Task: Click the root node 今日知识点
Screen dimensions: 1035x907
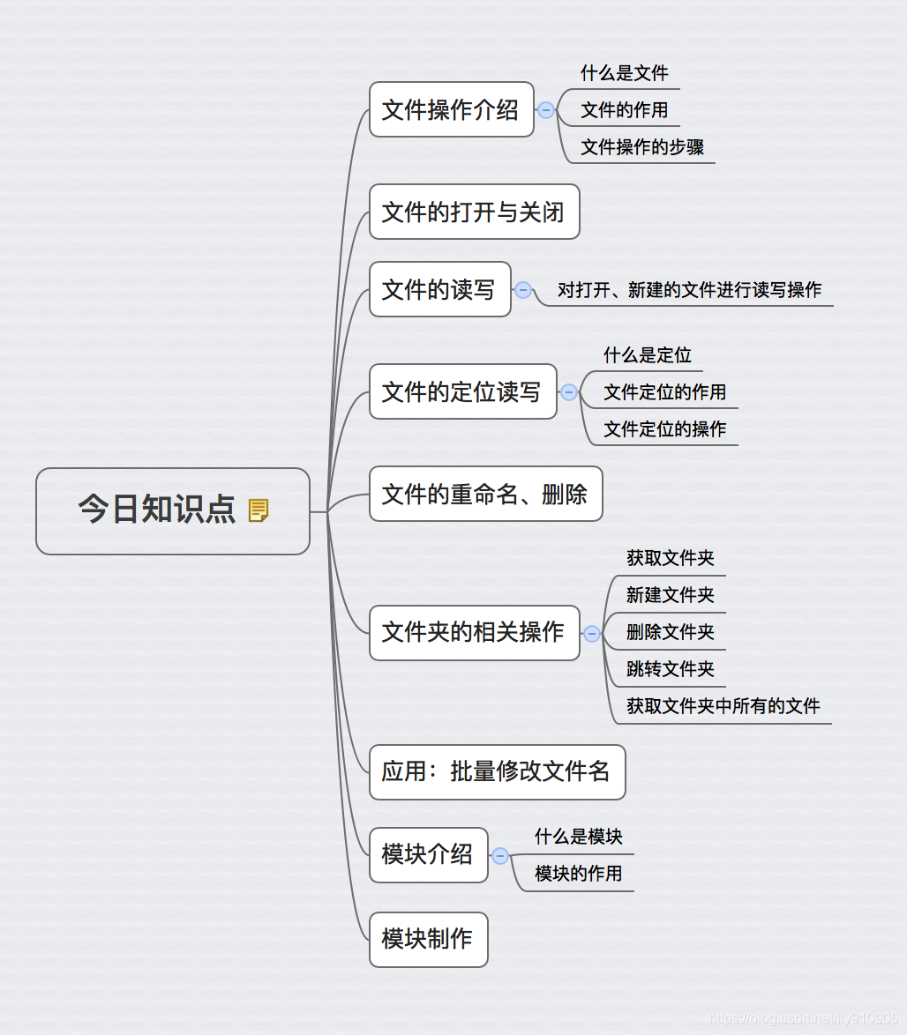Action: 157,510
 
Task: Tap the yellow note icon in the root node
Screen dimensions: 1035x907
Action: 259,510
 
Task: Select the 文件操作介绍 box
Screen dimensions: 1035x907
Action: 451,109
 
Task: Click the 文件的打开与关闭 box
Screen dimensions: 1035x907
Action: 474,212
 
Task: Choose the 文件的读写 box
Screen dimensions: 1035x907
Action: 439,289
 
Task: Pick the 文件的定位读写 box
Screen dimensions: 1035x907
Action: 462,391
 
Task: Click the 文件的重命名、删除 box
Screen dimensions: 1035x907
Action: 485,494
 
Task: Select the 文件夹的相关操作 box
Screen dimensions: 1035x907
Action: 474,633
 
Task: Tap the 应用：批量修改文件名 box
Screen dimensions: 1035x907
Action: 497,772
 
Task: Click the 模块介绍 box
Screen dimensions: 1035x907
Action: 428,855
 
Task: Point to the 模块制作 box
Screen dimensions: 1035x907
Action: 428,940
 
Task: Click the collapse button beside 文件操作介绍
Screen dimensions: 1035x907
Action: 546,110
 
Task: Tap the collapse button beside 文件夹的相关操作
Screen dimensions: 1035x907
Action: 592,634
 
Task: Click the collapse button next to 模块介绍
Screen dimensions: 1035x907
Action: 500,856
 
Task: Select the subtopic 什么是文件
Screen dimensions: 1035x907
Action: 624,73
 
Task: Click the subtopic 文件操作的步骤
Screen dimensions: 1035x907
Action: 642,147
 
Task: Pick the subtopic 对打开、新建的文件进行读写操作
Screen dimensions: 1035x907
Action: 689,290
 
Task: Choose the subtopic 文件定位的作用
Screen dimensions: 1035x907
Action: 664,392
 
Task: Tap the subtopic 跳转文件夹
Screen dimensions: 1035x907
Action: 670,669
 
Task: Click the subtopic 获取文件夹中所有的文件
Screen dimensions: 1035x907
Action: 723,706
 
